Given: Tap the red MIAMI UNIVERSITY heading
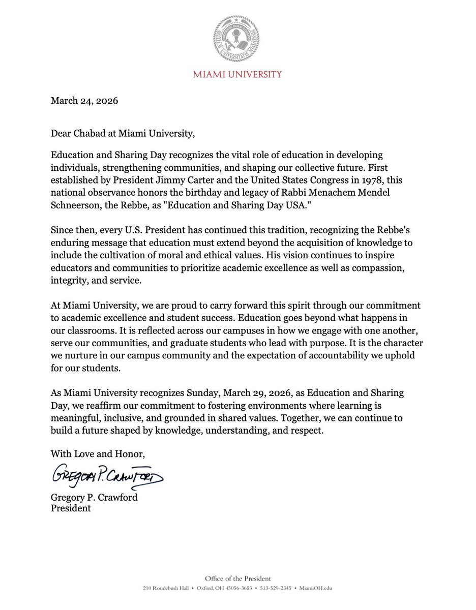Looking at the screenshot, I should click(x=237, y=75).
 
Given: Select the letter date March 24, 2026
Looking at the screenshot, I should click(x=84, y=101).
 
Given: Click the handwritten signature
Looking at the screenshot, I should click(x=107, y=476).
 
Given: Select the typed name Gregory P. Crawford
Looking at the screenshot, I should click(x=94, y=497).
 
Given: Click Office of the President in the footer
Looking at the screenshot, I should click(x=237, y=578).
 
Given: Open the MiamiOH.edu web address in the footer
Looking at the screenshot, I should click(x=317, y=588).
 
